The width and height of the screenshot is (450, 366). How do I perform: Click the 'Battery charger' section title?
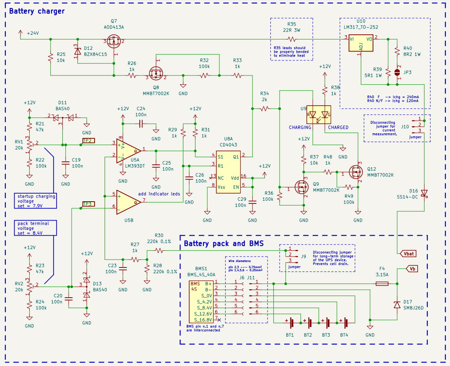(x=37, y=11)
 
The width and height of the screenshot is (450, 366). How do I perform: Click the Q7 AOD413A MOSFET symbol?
(x=113, y=42)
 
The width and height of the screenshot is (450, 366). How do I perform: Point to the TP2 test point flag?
(x=88, y=141)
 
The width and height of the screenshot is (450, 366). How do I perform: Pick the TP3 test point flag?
(x=88, y=204)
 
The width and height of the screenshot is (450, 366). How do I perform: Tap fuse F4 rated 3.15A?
(x=381, y=284)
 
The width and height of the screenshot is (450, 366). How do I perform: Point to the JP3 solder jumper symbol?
(x=397, y=72)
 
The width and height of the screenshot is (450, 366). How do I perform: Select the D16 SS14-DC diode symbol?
(x=424, y=193)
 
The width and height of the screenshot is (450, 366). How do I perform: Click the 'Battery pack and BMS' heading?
(x=224, y=244)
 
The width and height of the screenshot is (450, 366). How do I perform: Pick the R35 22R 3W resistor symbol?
(x=291, y=39)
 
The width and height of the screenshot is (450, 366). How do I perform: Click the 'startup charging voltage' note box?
(x=36, y=200)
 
